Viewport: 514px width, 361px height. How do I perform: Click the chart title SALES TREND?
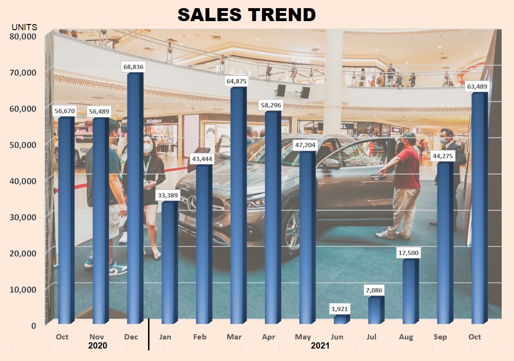click(247, 15)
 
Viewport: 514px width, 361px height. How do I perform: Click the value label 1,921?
click(340, 309)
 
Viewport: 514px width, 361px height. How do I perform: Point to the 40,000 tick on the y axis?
click(23, 181)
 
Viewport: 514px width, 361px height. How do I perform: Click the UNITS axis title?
click(24, 27)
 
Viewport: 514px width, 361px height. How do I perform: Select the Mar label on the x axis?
click(234, 337)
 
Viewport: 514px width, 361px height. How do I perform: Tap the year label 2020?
click(97, 345)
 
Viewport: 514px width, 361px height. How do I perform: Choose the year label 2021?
click(320, 345)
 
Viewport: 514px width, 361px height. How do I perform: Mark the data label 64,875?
click(236, 82)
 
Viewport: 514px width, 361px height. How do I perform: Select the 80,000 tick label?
click(23, 36)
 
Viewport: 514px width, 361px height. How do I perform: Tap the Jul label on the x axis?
click(372, 337)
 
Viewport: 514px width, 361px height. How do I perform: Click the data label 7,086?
click(374, 290)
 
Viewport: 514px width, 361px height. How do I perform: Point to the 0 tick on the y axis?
click(33, 326)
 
